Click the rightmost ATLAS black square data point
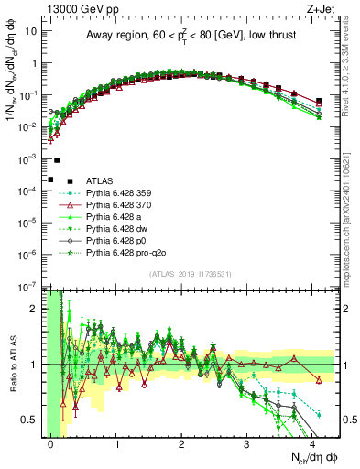click(318, 101)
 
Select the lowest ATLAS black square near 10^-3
click(50, 180)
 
